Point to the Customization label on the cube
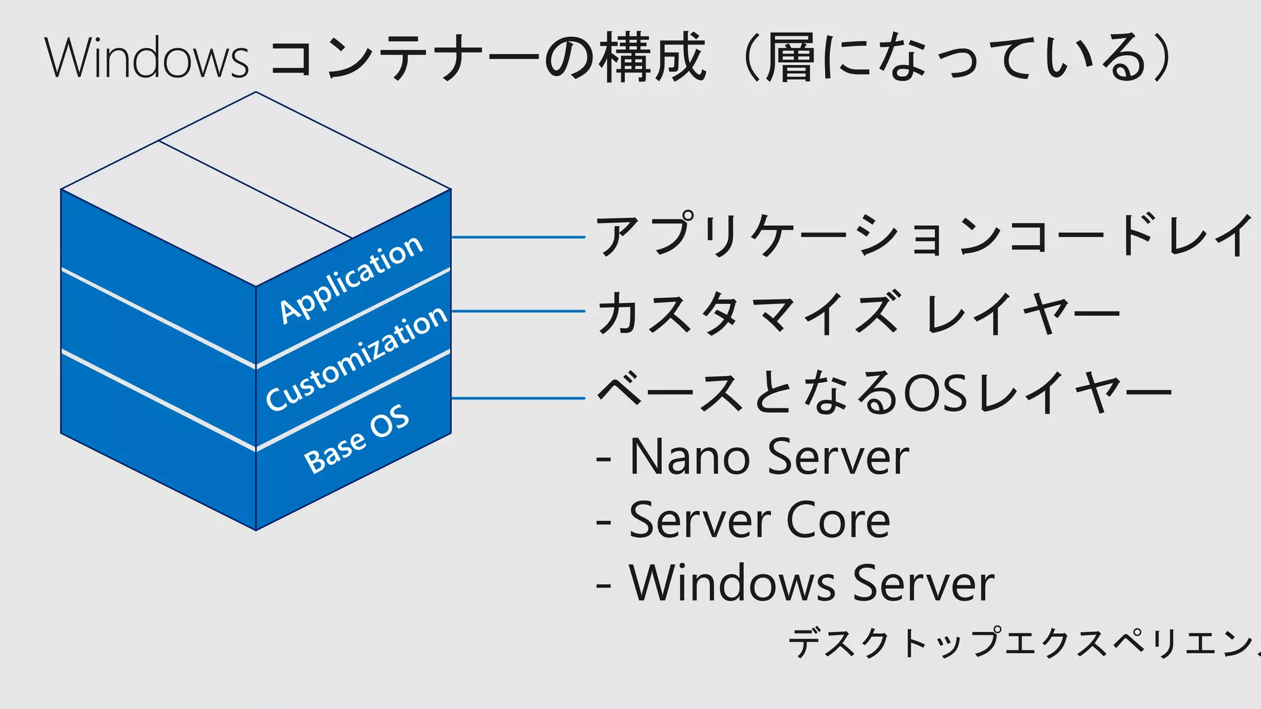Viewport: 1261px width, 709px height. [357, 358]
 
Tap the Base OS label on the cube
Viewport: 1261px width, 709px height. [357, 439]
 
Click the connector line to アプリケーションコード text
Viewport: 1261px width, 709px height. [518, 237]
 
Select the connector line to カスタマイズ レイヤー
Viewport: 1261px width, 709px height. [518, 311]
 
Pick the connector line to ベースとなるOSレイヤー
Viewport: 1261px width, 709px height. [518, 398]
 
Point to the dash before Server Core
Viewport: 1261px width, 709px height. [603, 522]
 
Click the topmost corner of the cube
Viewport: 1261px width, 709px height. [256, 92]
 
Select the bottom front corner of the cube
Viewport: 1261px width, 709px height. [256, 529]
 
